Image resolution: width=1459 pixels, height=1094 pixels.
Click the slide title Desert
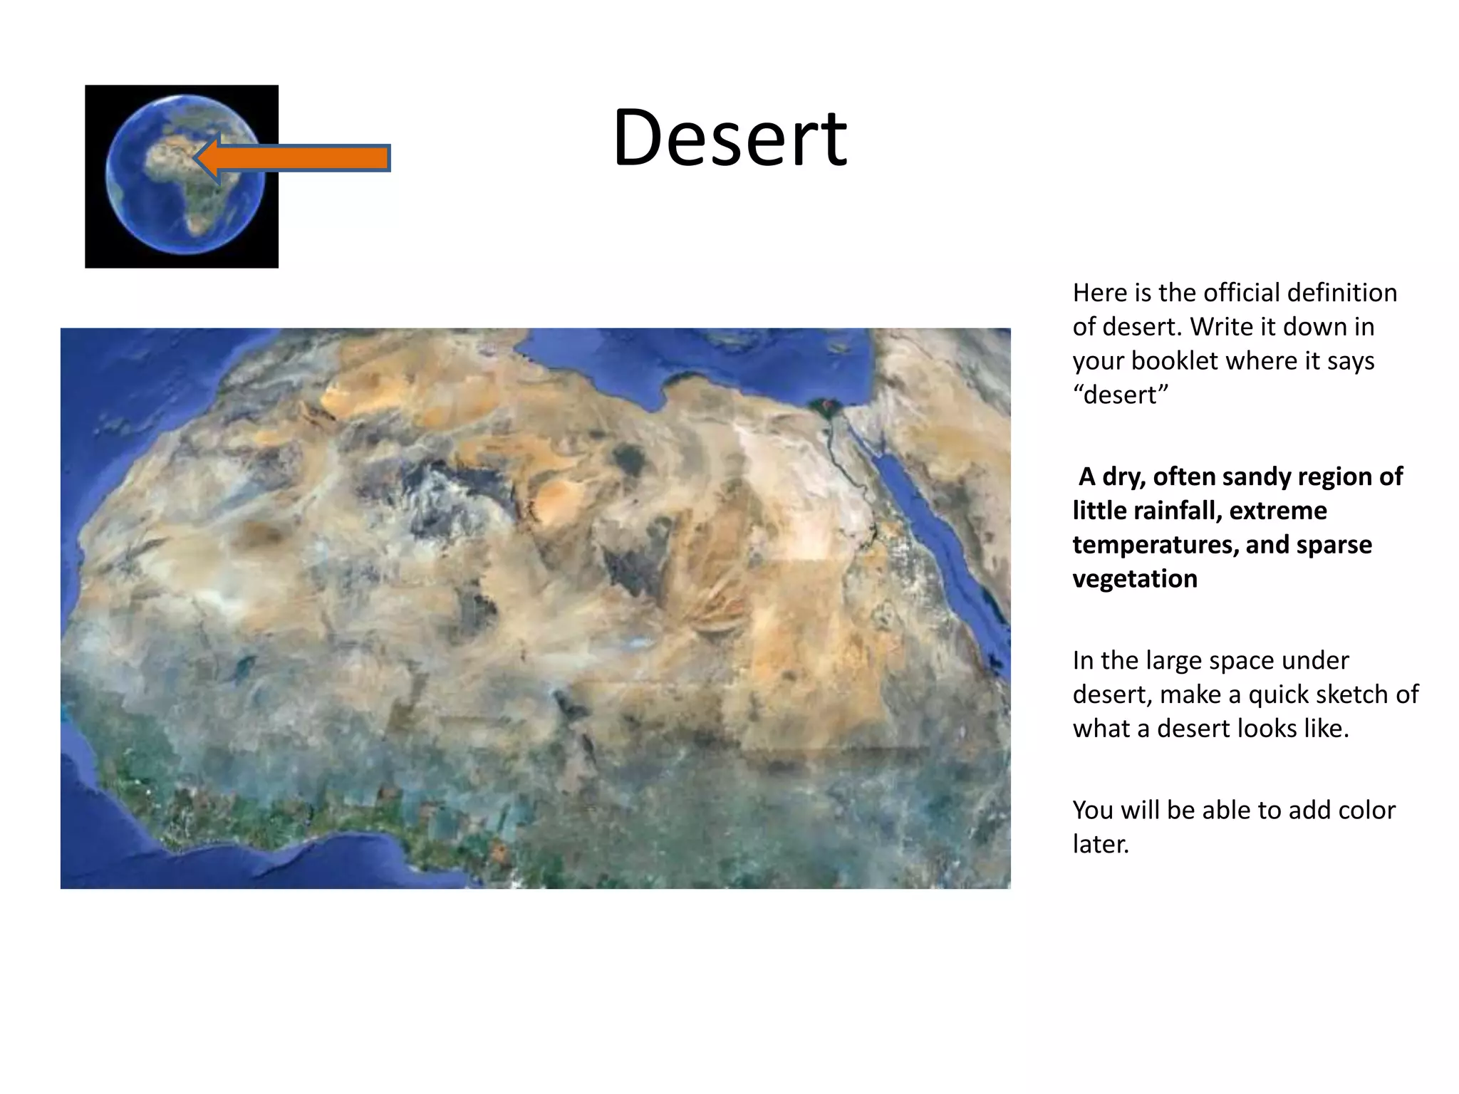click(x=729, y=137)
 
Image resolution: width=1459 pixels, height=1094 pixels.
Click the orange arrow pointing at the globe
click(x=299, y=157)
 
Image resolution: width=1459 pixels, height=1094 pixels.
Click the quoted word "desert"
click(x=1121, y=395)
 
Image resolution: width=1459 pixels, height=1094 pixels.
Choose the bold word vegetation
click(x=1135, y=579)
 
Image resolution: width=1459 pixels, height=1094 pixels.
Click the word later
click(x=1101, y=845)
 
